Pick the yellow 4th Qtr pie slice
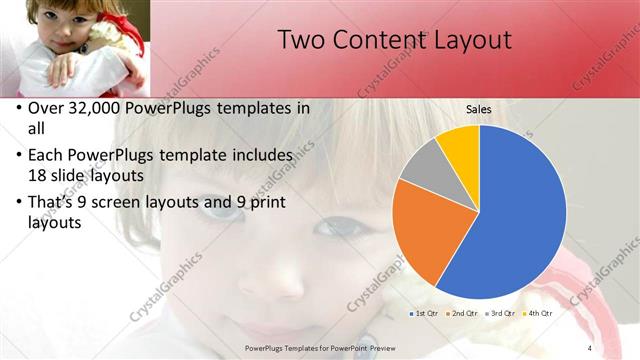pos(461,143)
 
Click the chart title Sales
pos(478,108)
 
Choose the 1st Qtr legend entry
pos(424,313)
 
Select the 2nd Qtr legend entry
pos(461,313)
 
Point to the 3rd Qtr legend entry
pos(499,313)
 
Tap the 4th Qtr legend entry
pos(537,313)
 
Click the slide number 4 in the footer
pos(589,347)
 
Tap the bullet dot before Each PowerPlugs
pos(20,156)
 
